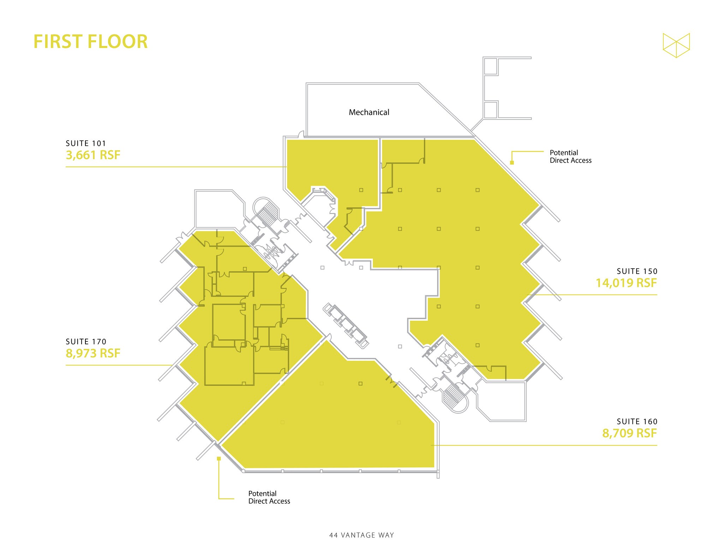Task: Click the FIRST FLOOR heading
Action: tap(90, 42)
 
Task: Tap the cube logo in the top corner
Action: tap(676, 45)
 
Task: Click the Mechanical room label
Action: tap(369, 112)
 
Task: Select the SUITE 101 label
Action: tap(86, 143)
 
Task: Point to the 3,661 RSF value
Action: tap(93, 155)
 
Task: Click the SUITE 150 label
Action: tap(637, 271)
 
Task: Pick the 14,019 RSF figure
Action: tap(626, 283)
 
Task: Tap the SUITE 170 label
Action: tap(86, 341)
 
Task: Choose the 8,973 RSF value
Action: tap(93, 353)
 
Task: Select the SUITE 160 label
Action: tap(637, 421)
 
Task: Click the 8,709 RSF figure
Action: tap(629, 433)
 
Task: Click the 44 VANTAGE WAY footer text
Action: tap(361, 535)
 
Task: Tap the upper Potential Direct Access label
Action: tap(570, 156)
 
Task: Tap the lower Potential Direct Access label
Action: tap(269, 497)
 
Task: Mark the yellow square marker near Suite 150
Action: tap(512, 163)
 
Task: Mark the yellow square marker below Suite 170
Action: tap(219, 458)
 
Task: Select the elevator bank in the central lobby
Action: tap(346, 326)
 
